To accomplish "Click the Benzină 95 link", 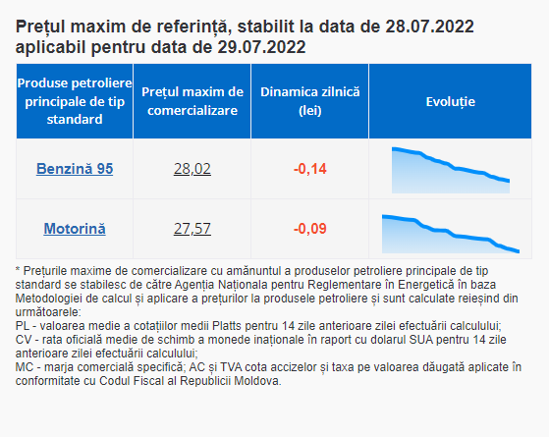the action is [x=75, y=169].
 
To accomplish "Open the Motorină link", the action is [x=75, y=229].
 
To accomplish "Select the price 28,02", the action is [x=192, y=169].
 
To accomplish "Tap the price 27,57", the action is [x=192, y=229].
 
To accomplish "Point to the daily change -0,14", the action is [x=310, y=169].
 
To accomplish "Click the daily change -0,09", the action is [x=310, y=229].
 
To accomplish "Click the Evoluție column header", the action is [x=450, y=101].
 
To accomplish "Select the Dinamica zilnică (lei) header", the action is [x=310, y=101].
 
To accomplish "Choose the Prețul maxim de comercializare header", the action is [x=192, y=101].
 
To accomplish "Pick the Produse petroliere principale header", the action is [x=75, y=101].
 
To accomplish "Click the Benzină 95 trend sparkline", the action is [x=451, y=171].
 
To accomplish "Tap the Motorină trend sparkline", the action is [x=451, y=234].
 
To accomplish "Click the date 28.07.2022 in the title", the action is [x=429, y=27].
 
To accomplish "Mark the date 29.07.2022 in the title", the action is [x=261, y=47].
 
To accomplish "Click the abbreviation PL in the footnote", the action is [x=22, y=326].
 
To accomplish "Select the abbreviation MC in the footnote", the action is [x=25, y=367].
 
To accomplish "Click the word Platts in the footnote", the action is [x=227, y=326].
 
